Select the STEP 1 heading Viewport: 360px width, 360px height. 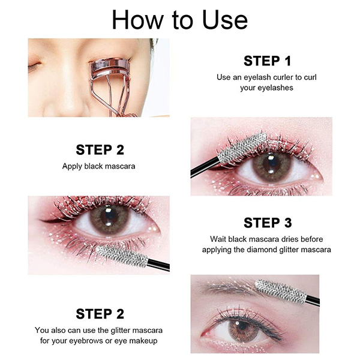point(268,61)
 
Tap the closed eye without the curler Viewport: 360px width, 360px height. point(34,66)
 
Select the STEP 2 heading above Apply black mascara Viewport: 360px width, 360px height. point(100,149)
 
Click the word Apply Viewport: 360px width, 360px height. point(72,166)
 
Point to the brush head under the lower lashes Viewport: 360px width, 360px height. point(122,256)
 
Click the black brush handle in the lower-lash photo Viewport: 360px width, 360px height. point(158,265)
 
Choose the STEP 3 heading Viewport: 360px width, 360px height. point(268,223)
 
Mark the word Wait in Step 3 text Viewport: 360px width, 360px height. point(218,239)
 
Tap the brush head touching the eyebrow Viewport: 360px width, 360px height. point(281,292)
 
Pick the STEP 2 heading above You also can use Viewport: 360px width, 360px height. point(100,314)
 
